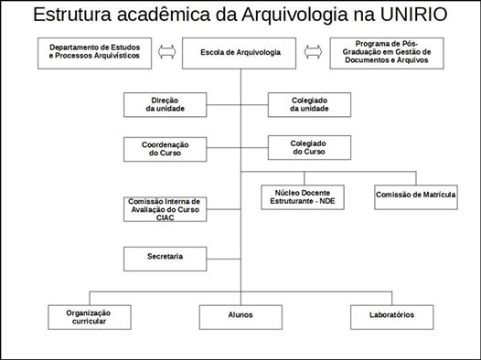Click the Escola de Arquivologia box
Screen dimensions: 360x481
click(x=240, y=54)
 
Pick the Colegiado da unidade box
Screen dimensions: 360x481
click(x=309, y=104)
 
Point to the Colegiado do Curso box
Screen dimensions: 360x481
click(x=309, y=147)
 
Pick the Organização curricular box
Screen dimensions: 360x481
click(x=88, y=317)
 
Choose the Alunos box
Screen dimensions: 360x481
click(x=241, y=316)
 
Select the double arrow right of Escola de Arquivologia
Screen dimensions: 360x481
click(x=313, y=53)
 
